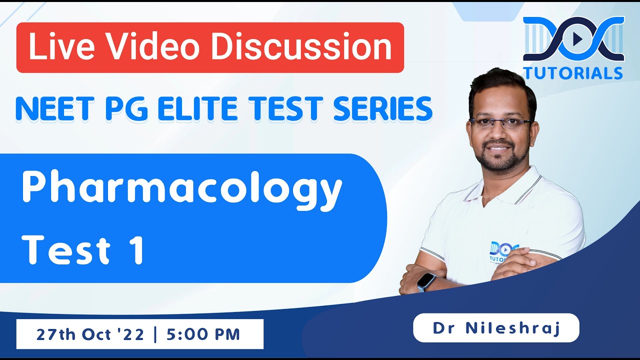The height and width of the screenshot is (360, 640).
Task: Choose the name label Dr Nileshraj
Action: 496,328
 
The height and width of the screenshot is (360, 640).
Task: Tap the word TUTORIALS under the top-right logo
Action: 573,73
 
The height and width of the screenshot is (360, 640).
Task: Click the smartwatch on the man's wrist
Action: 425,281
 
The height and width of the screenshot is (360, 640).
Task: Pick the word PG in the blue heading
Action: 126,109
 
